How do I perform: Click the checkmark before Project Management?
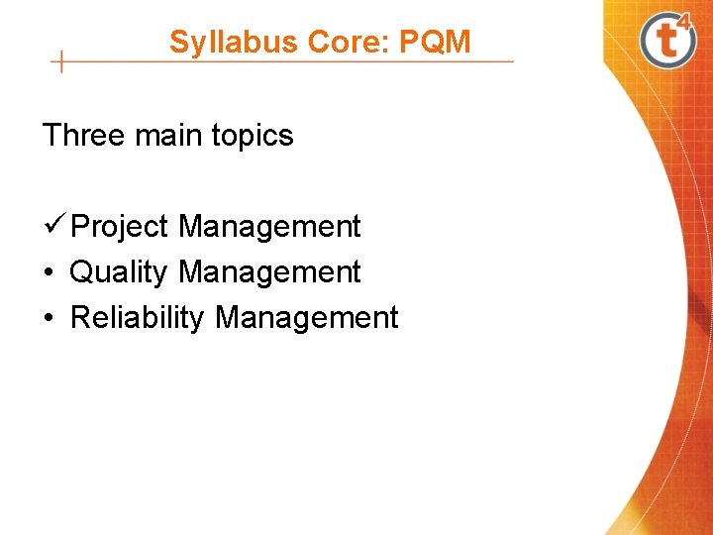coord(54,225)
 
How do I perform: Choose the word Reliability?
coord(138,318)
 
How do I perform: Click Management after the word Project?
coord(269,227)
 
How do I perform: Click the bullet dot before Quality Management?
coord(48,272)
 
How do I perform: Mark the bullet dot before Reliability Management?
coord(48,318)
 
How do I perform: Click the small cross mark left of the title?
coord(61,61)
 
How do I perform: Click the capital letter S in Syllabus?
coord(178,43)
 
